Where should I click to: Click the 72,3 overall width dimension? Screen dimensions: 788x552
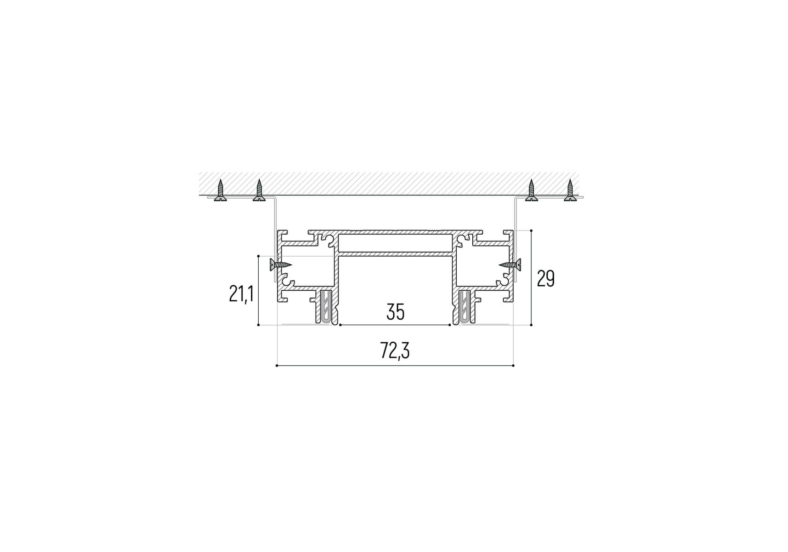coord(395,351)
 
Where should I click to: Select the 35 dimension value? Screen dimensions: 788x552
coord(395,312)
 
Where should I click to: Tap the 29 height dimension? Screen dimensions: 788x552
coord(546,278)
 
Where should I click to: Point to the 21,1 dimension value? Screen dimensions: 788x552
coord(241,293)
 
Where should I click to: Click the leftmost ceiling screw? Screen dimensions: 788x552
coord(221,190)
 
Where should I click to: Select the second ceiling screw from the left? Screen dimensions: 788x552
coord(259,190)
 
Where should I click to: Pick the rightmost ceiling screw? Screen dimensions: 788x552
coord(570,190)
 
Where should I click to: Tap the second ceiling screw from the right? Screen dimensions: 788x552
coord(532,190)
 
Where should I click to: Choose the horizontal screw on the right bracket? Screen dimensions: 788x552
coord(510,264)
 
